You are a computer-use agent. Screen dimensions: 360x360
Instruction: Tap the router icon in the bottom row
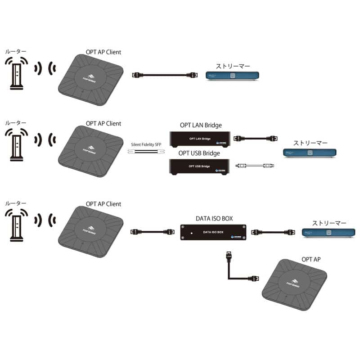tap(17, 225)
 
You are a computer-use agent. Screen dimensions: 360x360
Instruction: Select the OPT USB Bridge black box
tap(200, 166)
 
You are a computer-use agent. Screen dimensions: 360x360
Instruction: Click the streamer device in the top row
tap(232, 76)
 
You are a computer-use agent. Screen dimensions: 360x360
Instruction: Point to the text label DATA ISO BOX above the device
tap(214, 218)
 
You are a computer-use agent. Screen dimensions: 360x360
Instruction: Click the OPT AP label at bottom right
tap(310, 260)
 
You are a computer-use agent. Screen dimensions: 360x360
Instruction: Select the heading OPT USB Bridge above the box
tap(199, 153)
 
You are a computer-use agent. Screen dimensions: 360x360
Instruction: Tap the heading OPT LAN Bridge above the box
tap(200, 125)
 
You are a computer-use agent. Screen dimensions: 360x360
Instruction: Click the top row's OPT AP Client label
tap(103, 52)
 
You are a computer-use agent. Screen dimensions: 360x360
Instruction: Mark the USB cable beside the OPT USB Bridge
tap(254, 166)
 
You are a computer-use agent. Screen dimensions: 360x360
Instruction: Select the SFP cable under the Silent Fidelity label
tap(146, 152)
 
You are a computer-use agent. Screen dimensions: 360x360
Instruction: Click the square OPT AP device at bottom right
tap(295, 285)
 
